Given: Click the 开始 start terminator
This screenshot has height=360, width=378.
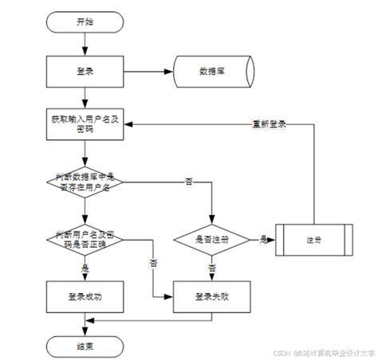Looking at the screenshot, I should (x=84, y=21).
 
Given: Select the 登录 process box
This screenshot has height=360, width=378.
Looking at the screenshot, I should (x=84, y=71).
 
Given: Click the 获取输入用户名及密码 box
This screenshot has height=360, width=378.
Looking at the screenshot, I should (x=84, y=124).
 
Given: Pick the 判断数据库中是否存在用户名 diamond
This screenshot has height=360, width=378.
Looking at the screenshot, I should (x=84, y=182).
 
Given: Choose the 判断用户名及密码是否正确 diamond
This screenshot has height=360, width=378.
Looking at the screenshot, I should (x=84, y=239).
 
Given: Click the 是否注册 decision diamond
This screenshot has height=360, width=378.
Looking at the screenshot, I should (x=212, y=239).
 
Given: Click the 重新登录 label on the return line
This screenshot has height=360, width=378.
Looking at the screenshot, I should (x=269, y=124).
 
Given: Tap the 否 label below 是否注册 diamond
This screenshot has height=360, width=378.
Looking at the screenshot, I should (x=212, y=268).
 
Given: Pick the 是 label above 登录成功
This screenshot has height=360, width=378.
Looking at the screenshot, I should (x=85, y=268).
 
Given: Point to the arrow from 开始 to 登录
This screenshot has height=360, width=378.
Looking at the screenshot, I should (x=84, y=43).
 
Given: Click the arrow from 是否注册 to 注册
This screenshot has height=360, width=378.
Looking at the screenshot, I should (x=263, y=240).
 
